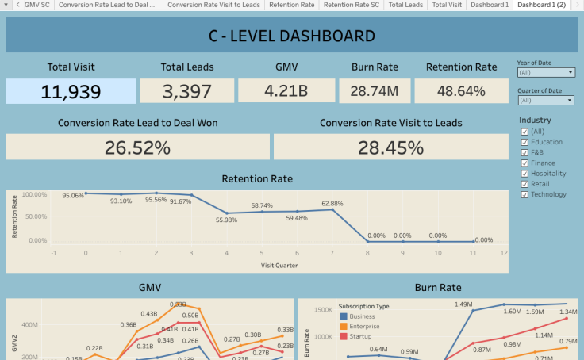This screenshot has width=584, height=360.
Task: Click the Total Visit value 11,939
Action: pyautogui.click(x=71, y=91)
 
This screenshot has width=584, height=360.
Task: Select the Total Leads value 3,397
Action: pyautogui.click(x=187, y=91)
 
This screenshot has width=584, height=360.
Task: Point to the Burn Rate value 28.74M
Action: pyautogui.click(x=375, y=91)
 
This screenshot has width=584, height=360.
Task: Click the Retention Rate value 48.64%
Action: pyautogui.click(x=461, y=91)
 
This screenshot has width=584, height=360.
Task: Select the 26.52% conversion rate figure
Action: pyautogui.click(x=137, y=147)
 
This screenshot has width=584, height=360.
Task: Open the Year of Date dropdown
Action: pyautogui.click(x=545, y=72)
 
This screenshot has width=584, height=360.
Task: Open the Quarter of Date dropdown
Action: pyautogui.click(x=545, y=100)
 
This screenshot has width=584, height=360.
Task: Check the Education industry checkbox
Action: pyautogui.click(x=524, y=142)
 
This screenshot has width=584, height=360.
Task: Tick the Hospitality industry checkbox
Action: pyautogui.click(x=524, y=173)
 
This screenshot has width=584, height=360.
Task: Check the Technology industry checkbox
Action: pyautogui.click(x=524, y=194)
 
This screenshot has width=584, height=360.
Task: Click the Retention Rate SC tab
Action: pyautogui.click(x=351, y=5)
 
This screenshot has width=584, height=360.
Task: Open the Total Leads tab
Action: pyautogui.click(x=405, y=5)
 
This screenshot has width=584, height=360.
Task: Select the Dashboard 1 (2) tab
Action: pyautogui.click(x=546, y=5)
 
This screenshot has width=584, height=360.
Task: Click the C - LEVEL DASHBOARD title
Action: pyautogui.click(x=291, y=36)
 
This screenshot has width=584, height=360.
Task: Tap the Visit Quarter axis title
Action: pyautogui.click(x=279, y=264)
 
